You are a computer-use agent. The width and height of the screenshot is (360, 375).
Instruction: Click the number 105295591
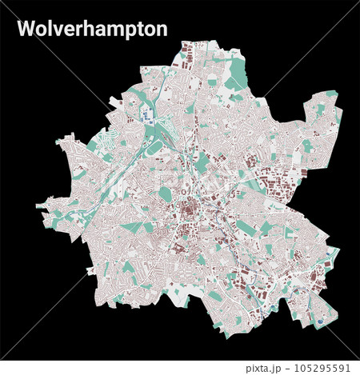click(318, 368)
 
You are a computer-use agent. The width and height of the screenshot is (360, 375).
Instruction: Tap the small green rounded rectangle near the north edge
click(212, 81)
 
